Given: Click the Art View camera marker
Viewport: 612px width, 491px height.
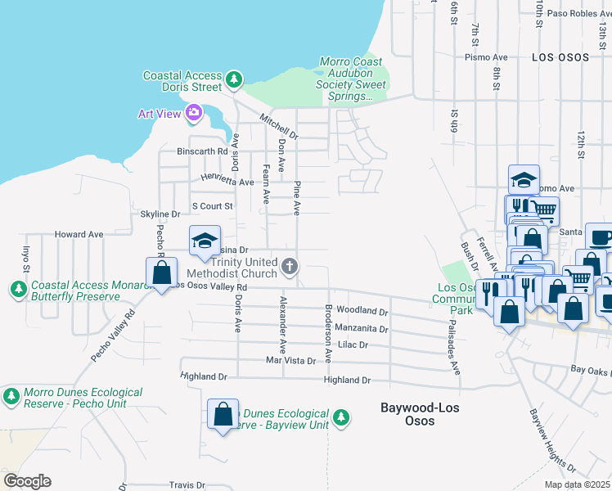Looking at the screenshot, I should pos(194,113).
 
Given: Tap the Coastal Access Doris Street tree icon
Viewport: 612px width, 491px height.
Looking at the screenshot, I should pos(235,79).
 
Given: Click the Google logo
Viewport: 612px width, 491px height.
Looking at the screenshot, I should pos(27,480).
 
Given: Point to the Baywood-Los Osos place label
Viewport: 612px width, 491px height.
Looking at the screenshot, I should pos(407,413).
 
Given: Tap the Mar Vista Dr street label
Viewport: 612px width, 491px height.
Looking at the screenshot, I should pos(290,360).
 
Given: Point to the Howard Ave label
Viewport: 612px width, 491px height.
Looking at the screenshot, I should pos(79,234).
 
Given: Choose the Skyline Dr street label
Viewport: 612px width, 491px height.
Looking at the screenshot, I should pos(160,214).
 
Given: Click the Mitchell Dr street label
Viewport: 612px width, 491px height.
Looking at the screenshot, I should pos(279,126).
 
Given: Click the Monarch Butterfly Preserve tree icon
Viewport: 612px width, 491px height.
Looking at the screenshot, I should pos(18,288).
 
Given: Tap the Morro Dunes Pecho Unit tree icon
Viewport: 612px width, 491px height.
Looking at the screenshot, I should pos(11,397).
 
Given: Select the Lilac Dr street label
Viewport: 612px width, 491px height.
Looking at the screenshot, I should pos(353,345).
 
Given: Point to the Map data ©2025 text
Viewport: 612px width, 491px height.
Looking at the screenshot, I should pos(578,484).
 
